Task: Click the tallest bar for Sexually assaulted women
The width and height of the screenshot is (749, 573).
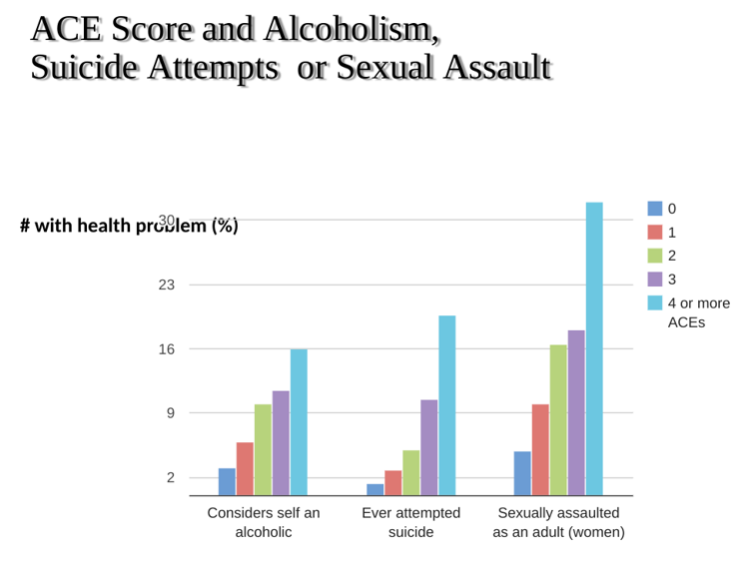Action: [594, 348]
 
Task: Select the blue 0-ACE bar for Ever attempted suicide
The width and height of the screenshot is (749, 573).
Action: [374, 489]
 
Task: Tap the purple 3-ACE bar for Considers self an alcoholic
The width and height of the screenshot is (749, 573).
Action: [281, 442]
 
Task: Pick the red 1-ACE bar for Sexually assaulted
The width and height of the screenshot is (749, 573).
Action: [540, 449]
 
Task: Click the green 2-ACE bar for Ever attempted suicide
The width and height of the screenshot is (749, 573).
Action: [410, 472]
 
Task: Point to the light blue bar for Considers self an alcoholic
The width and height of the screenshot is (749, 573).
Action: [299, 421]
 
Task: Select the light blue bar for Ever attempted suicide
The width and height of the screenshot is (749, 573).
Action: [446, 405]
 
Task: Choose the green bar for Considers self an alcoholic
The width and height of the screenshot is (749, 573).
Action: [263, 449]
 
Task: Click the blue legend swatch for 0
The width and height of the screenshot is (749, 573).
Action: [655, 209]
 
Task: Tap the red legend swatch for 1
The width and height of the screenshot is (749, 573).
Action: [655, 233]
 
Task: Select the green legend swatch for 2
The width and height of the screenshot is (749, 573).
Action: [655, 256]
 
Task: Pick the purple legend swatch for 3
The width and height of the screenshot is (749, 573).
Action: [655, 279]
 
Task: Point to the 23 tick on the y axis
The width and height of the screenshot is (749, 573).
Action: [166, 285]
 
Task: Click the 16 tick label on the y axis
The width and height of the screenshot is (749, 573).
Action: [166, 349]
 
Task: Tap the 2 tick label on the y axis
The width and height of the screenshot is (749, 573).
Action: [170, 477]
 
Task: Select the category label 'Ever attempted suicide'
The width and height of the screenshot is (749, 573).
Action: [410, 522]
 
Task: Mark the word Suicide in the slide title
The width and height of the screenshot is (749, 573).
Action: [90, 68]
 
